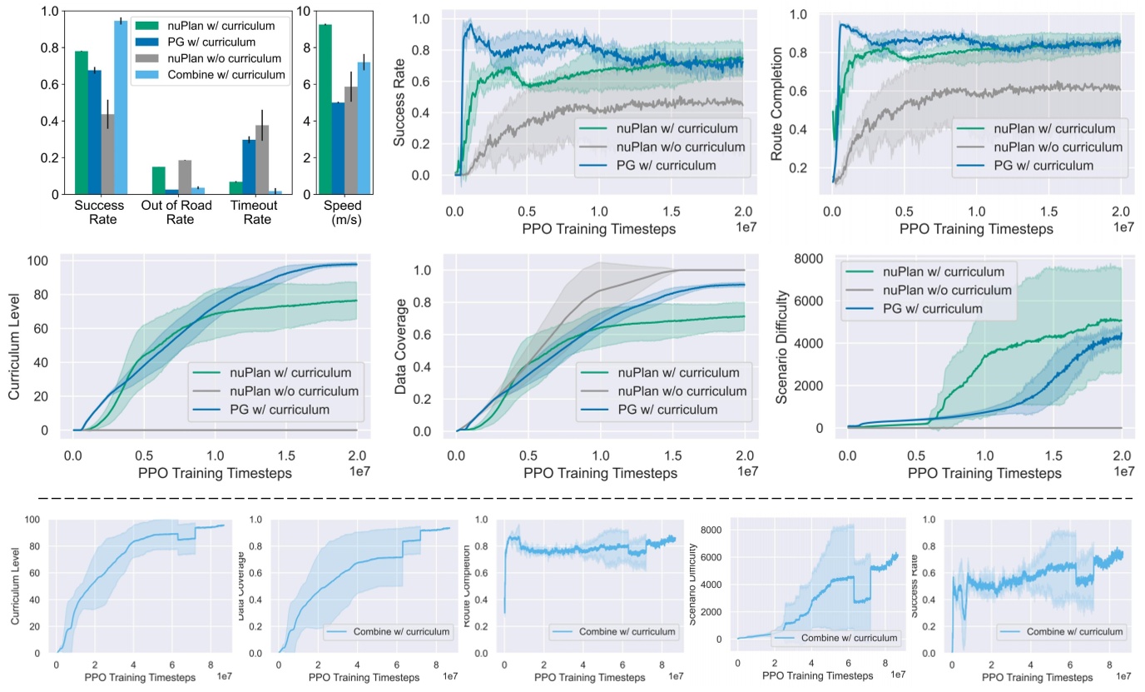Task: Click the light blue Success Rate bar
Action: tap(121, 108)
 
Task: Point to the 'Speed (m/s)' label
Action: tap(339, 212)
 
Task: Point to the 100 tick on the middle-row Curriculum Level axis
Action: tap(48, 261)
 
